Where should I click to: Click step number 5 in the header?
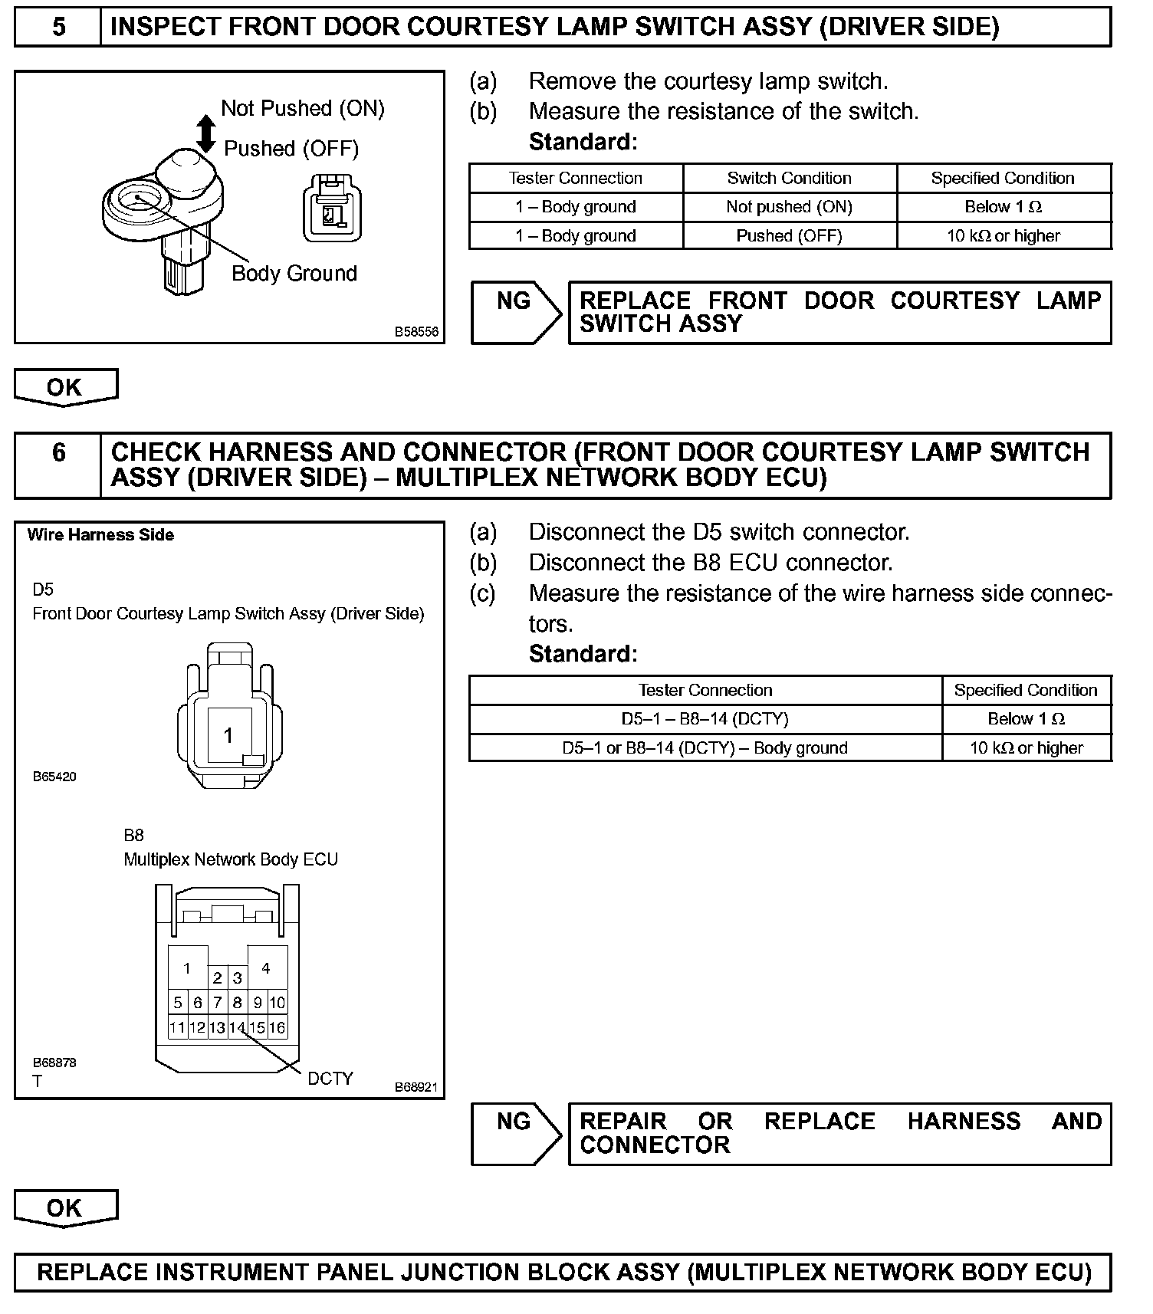[58, 28]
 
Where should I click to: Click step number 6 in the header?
[58, 452]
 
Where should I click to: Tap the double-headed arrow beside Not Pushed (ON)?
[205, 133]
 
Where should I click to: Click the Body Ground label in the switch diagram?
[294, 274]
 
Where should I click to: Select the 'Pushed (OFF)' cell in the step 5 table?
[789, 236]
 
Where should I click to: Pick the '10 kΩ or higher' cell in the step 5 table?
[1003, 236]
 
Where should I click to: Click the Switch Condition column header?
[789, 179]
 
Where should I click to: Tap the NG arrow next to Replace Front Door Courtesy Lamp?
[516, 312]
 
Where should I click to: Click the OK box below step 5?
[65, 387]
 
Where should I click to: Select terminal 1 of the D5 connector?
[228, 736]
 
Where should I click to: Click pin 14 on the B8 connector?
[237, 1027]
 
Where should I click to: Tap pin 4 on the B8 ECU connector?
[266, 968]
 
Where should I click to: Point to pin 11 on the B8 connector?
[177, 1027]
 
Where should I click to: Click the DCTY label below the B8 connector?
[330, 1079]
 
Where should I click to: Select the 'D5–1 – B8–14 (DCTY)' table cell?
[705, 719]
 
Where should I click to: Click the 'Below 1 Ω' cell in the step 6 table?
[1026, 719]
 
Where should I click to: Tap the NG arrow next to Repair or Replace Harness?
[516, 1134]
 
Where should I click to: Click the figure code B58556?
[416, 332]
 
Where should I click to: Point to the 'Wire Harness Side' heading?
[100, 535]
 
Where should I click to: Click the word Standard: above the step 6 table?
[583, 654]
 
